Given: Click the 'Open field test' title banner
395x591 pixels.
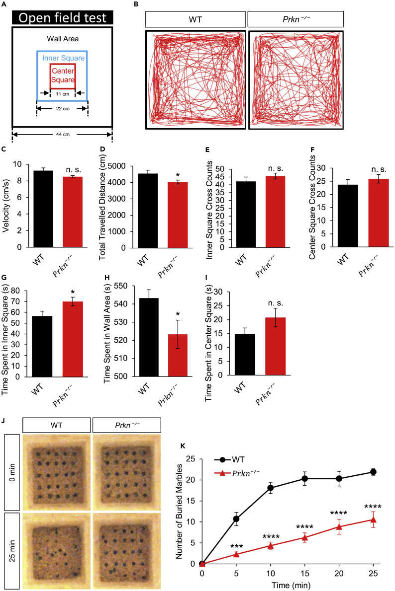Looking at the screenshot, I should click(63, 17).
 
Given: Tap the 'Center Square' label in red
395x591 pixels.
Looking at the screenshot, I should click(63, 75).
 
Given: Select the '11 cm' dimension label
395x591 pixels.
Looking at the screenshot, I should click(63, 93).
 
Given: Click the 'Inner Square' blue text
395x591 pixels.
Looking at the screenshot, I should click(63, 58).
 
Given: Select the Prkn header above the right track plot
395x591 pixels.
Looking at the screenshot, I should click(296, 19).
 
